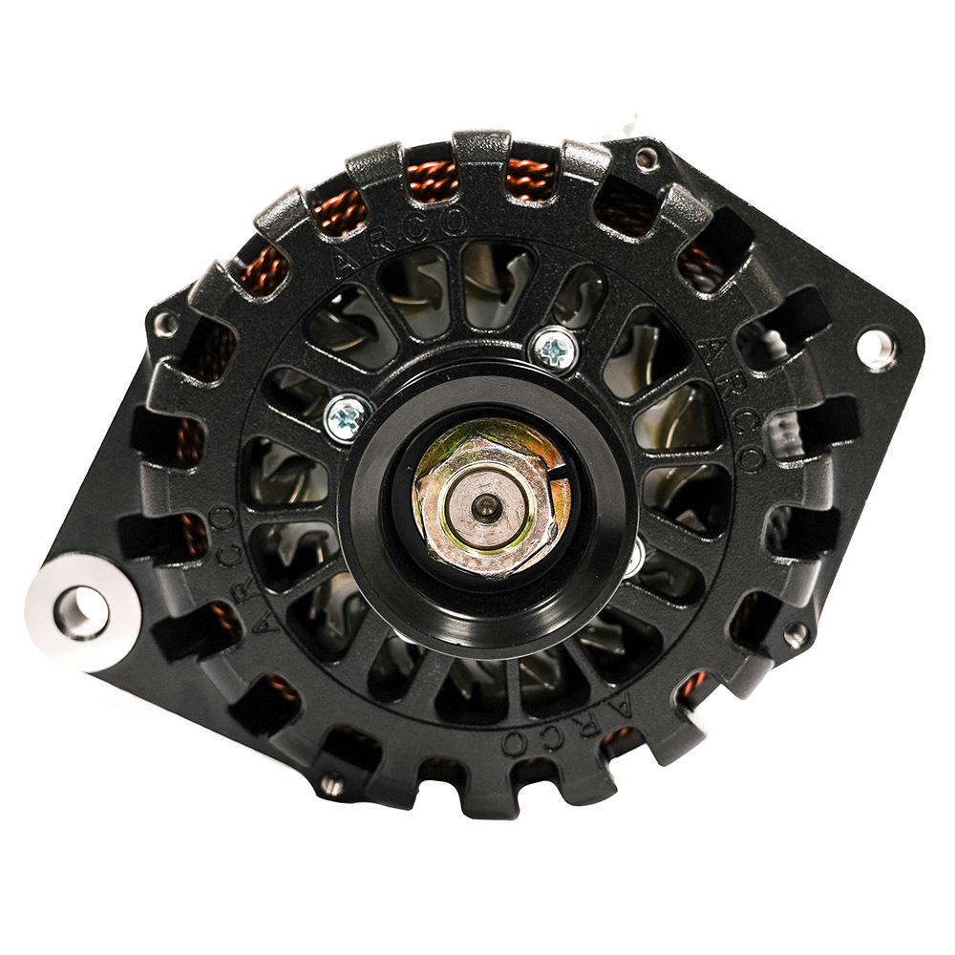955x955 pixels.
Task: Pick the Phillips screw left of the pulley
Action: tap(346, 417)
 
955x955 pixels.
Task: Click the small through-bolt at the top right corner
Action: tap(647, 157)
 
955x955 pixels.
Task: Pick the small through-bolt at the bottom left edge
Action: tap(331, 785)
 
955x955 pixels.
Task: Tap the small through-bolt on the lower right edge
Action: tap(795, 631)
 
